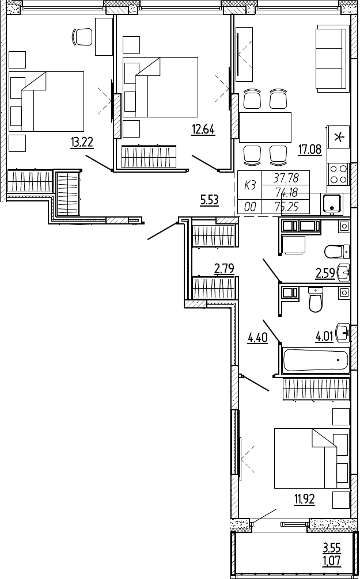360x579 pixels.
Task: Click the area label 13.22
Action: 82,143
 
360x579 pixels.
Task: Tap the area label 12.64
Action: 203,129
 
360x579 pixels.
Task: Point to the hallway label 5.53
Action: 209,200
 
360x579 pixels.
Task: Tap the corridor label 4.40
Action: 257,338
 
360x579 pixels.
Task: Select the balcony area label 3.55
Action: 332,548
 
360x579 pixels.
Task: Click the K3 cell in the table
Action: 250,185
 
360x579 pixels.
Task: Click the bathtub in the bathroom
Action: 316,360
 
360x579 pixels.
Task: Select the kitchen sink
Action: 332,203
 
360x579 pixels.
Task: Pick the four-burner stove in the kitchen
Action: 338,174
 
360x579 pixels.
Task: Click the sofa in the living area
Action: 332,59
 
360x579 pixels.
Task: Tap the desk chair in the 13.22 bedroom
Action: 82,37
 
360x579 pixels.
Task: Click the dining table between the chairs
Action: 266,127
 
